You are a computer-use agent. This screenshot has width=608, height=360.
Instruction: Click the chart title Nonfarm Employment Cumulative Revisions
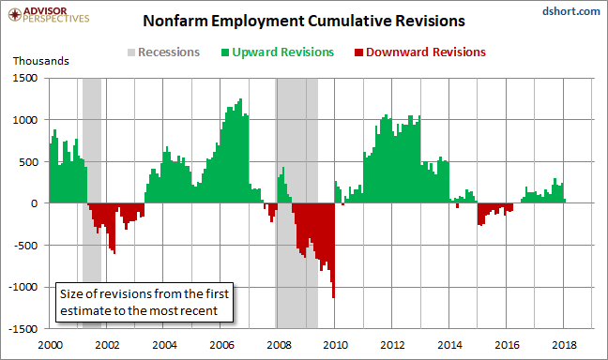pos(304,21)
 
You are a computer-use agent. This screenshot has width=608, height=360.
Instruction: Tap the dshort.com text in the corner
pos(570,11)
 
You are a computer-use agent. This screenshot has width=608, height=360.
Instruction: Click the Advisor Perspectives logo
pos(49,15)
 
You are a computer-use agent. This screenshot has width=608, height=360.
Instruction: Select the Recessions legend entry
pos(163,52)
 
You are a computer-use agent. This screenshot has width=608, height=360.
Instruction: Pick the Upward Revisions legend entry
pos(278,52)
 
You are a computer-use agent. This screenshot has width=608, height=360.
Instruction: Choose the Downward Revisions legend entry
pos(420,52)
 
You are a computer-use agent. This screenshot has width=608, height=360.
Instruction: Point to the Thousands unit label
pos(41,61)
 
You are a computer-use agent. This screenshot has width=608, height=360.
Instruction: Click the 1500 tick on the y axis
pos(25,78)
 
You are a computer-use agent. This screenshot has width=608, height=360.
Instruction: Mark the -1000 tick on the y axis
pos(23,287)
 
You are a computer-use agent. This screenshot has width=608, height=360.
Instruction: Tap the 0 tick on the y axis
pos(34,203)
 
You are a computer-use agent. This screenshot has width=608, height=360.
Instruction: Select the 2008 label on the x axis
pos(279,344)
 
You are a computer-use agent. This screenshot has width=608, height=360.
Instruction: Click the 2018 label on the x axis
pos(564,344)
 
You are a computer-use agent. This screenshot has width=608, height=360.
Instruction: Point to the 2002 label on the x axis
pos(107,344)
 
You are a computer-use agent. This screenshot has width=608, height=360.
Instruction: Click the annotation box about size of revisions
pos(144,302)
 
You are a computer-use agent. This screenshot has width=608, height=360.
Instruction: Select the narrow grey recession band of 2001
pos(92,203)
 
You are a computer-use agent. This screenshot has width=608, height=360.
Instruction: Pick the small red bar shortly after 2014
pos(458,205)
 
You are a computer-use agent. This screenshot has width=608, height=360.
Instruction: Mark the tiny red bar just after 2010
pos(342,204)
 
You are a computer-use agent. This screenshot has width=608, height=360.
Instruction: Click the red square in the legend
pos(358,52)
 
